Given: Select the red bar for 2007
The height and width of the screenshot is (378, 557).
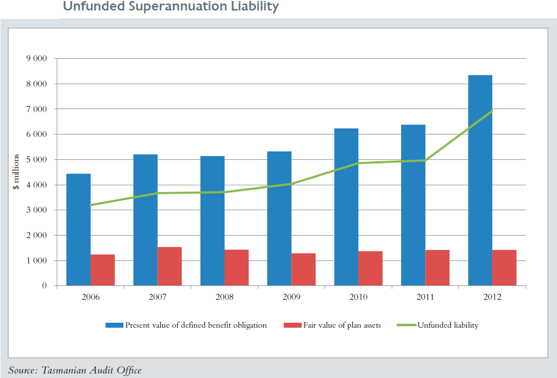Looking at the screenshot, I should click(x=170, y=266).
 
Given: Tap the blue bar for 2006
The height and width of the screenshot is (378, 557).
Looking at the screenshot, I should click(x=78, y=230).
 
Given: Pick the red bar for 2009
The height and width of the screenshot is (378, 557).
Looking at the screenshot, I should click(x=304, y=269).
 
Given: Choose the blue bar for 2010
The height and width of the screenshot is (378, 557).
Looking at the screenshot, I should click(x=346, y=207).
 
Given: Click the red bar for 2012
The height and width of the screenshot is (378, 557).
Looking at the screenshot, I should click(x=504, y=268).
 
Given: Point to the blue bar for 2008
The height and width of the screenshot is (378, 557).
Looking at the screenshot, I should click(x=212, y=221).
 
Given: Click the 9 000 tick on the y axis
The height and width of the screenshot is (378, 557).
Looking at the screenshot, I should click(x=37, y=59).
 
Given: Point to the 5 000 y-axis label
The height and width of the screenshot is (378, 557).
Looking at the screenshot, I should click(x=37, y=160).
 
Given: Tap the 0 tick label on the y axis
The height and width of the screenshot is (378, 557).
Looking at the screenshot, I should click(x=45, y=286).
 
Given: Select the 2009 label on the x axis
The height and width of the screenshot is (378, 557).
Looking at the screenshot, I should click(x=291, y=297).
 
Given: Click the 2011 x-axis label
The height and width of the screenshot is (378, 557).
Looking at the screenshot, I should click(x=425, y=297).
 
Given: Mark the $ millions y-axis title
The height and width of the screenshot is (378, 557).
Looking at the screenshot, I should click(x=16, y=172).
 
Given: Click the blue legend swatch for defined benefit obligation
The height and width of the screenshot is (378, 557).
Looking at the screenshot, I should click(x=114, y=325).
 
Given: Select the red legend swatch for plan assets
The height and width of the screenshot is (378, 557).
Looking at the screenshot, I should click(x=292, y=325).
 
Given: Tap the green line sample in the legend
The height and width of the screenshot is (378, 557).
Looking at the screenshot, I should click(x=406, y=325).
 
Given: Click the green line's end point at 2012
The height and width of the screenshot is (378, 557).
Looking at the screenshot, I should click(x=492, y=111).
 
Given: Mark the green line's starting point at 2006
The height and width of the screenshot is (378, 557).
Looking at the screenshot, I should click(x=91, y=205).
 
